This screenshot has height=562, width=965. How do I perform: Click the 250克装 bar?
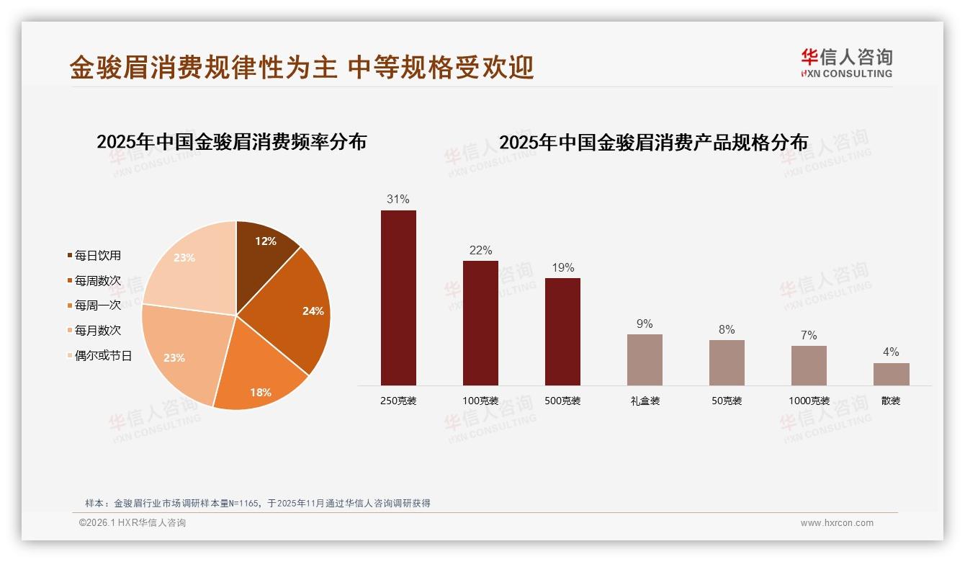(398, 298)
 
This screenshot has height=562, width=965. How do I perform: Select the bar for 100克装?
(480, 323)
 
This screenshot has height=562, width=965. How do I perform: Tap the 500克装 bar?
(562, 331)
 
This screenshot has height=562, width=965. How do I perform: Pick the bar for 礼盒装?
(645, 360)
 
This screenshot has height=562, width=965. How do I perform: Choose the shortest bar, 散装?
(891, 374)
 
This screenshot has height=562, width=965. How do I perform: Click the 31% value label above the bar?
(398, 199)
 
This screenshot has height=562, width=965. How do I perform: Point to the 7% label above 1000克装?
(809, 335)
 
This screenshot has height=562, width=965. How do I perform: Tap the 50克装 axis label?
(727, 401)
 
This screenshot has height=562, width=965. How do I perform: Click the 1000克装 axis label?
(809, 401)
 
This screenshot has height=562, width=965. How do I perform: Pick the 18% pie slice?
(259, 382)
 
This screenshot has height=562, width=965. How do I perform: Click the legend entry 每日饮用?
(97, 256)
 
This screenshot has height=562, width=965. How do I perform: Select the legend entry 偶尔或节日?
(103, 356)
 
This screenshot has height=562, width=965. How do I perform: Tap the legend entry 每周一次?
(97, 305)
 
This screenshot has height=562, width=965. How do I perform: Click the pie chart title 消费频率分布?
(232, 141)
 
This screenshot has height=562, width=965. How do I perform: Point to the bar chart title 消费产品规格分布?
(653, 142)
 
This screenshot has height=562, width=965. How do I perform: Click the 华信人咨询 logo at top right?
(846, 63)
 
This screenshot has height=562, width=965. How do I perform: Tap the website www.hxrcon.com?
(837, 523)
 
